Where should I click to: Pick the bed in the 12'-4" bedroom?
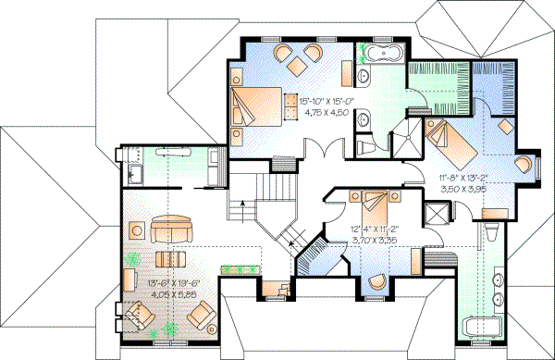(374, 200)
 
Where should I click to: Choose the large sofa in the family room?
(173, 229)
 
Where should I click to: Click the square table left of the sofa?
(134, 228)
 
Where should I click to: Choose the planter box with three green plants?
(242, 268)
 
